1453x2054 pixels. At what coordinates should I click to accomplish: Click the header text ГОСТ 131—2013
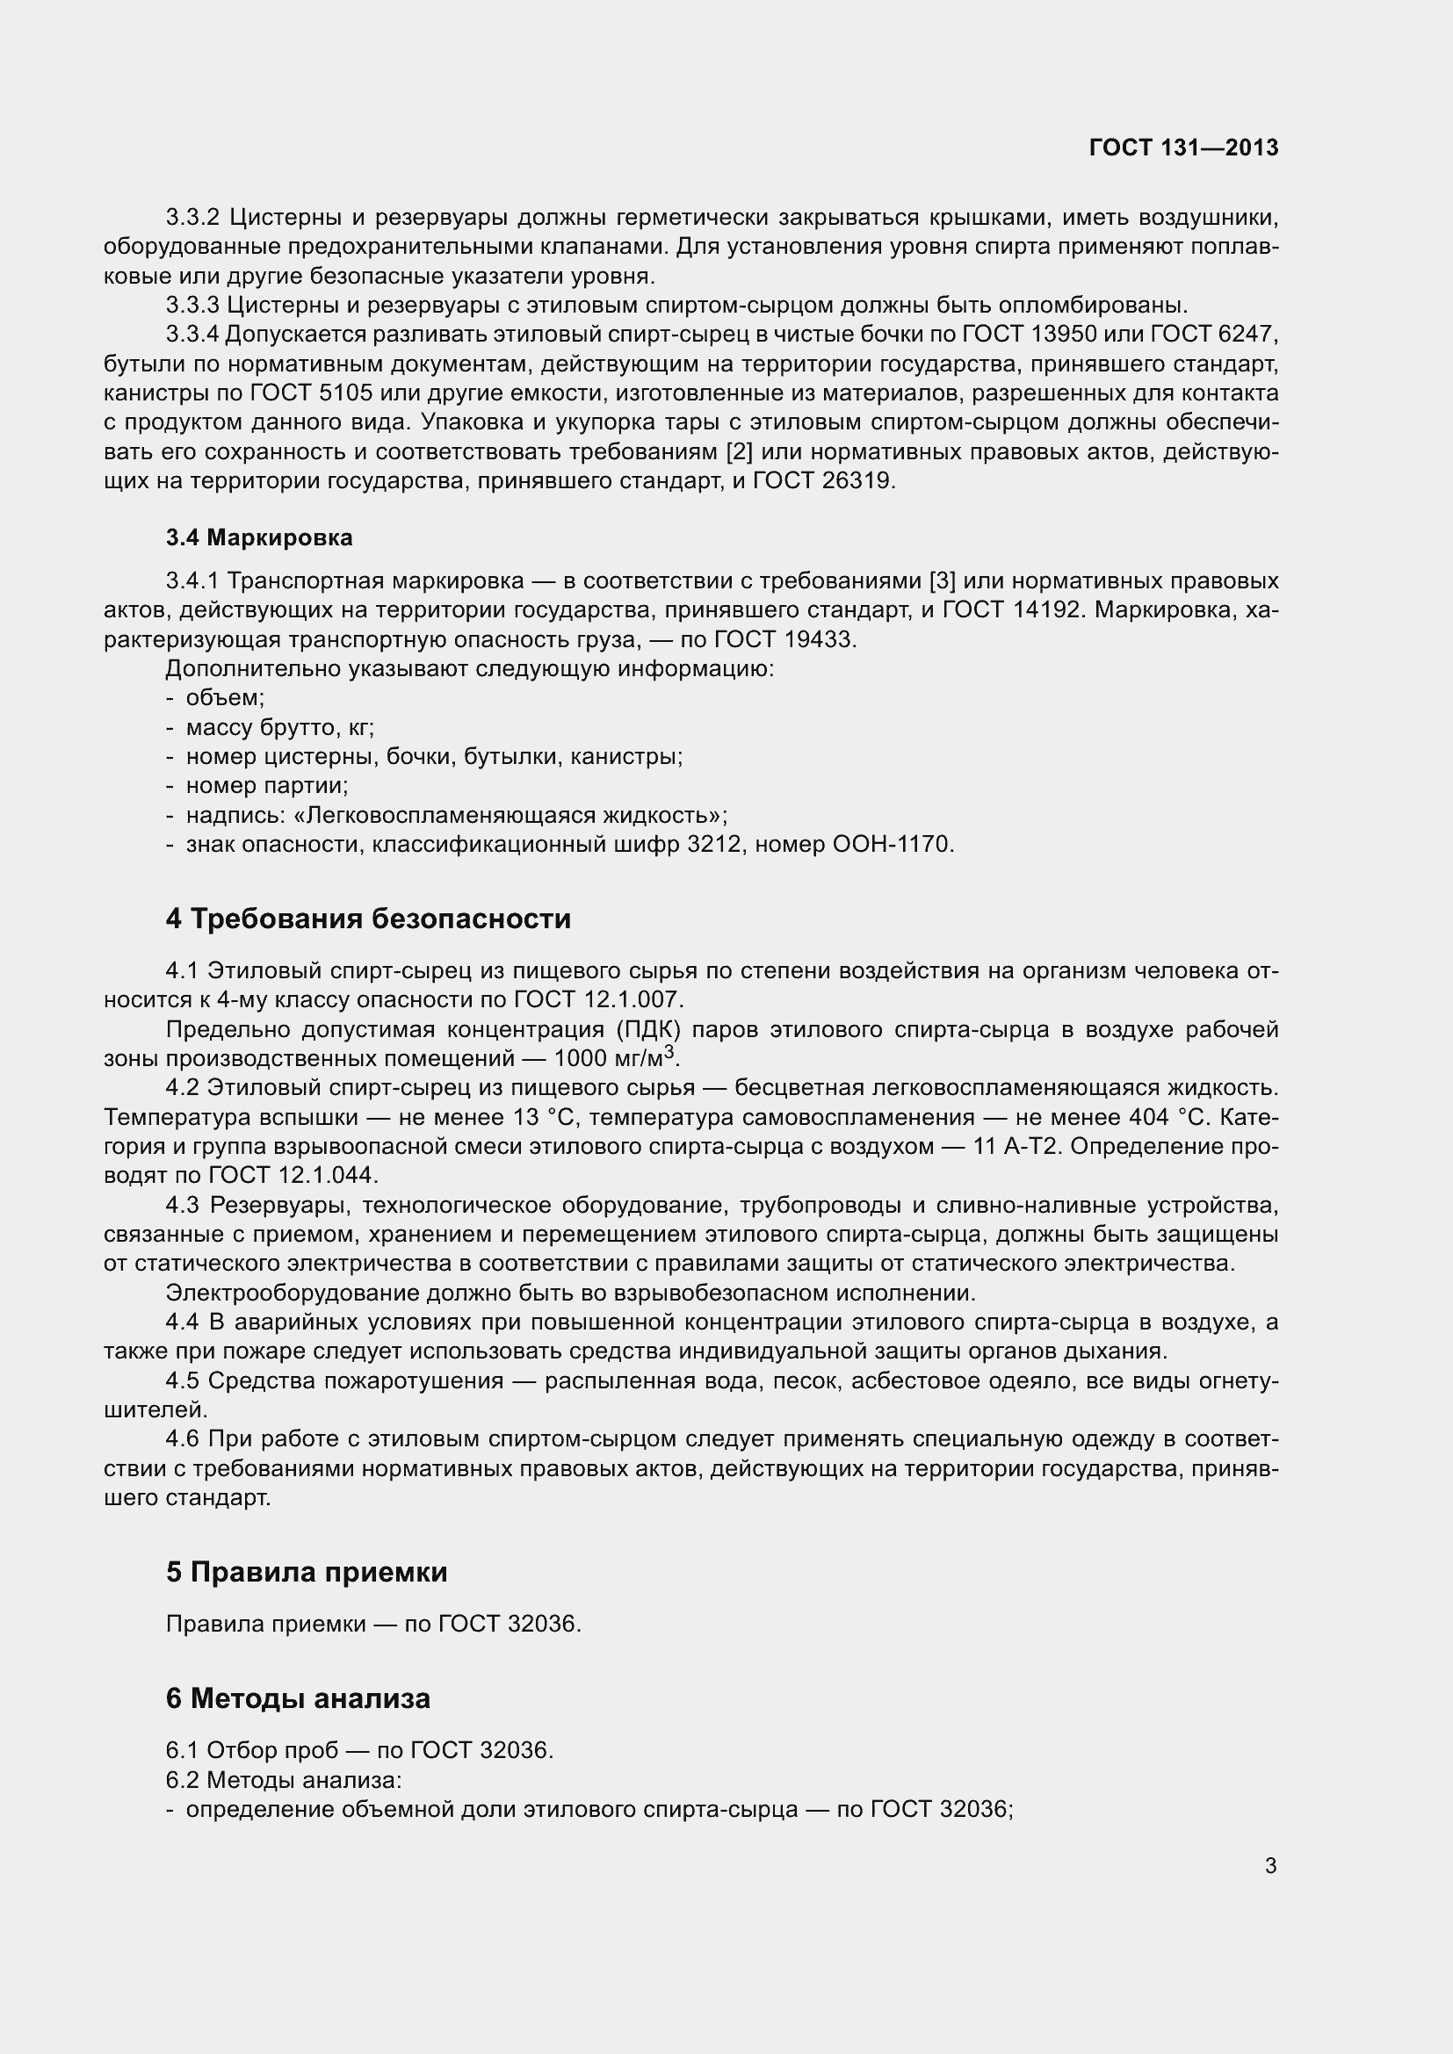pyautogui.click(x=1183, y=148)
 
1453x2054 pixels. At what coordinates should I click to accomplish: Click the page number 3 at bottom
pyautogui.click(x=1270, y=1865)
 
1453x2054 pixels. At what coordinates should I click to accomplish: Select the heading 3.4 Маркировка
pyautogui.click(x=259, y=537)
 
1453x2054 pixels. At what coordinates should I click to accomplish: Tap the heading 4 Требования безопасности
pyautogui.click(x=368, y=919)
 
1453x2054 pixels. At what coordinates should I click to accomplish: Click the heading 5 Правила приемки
pyautogui.click(x=306, y=1571)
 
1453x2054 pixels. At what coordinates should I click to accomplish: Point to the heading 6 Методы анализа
pyautogui.click(x=297, y=1698)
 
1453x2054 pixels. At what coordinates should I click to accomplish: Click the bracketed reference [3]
pyautogui.click(x=942, y=581)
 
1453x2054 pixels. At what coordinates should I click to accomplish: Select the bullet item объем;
pyautogui.click(x=225, y=698)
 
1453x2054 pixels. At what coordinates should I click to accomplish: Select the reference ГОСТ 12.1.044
pyautogui.click(x=294, y=1176)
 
